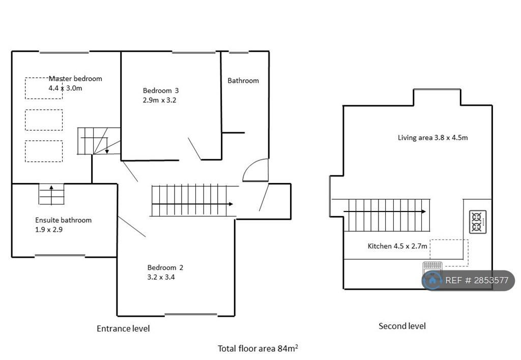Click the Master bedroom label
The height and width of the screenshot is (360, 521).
(75, 79)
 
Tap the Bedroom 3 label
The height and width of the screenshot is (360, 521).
(161, 91)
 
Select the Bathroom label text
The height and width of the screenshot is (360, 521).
(243, 80)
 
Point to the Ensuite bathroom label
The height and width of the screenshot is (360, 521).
(63, 220)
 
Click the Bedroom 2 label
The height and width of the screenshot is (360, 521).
(165, 267)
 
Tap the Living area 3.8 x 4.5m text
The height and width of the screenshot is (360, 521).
(432, 137)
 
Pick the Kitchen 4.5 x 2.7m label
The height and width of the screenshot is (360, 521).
(397, 246)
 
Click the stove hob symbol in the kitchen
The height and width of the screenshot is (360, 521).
(478, 222)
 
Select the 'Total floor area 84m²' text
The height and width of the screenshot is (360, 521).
(257, 348)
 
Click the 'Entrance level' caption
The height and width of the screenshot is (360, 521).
(123, 328)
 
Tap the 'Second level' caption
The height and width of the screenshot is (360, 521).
(402, 326)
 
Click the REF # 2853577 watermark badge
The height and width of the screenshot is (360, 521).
(468, 280)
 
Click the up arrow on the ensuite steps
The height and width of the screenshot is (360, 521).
(52, 188)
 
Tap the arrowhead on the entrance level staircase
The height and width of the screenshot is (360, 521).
(231, 204)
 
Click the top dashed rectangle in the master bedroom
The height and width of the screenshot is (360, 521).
(44, 88)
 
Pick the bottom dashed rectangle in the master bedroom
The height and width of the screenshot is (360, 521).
(44, 151)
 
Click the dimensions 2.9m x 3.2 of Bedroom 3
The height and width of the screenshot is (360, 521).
(160, 100)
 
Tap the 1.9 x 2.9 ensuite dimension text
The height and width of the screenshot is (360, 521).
(49, 229)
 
